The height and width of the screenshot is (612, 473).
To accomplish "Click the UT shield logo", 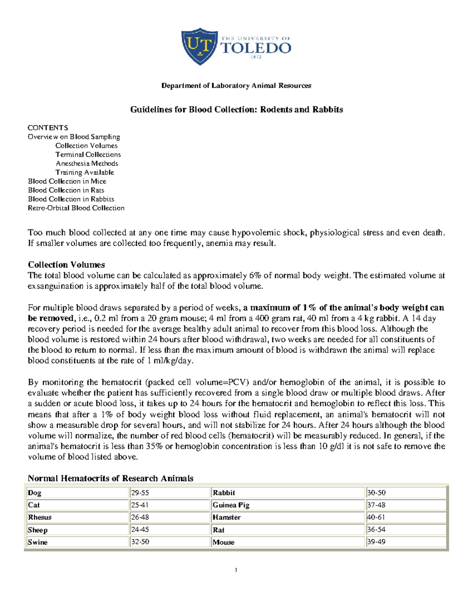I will [199, 46].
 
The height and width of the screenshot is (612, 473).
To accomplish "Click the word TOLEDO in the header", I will [256, 48].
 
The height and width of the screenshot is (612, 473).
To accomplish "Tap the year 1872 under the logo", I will [255, 57].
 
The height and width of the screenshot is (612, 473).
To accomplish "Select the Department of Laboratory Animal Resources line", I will [236, 86].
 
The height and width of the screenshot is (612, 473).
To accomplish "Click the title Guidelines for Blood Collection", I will [236, 110].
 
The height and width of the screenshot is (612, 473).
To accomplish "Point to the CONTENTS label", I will [48, 128].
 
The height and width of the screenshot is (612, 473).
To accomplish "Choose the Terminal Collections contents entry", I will [88, 154].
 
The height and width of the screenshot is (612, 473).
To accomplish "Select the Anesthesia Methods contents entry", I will [87, 164].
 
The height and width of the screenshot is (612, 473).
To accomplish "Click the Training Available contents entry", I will [85, 172].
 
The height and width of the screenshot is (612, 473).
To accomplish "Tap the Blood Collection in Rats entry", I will [66, 190].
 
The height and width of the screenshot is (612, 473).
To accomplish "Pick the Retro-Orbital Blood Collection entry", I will [76, 208].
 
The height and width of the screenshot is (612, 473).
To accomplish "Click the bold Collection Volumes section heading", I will [66, 265].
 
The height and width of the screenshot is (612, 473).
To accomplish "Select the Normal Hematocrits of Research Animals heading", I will [110, 478].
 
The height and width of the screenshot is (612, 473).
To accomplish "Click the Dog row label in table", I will [35, 493].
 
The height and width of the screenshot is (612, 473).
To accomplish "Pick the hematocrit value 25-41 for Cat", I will [140, 505].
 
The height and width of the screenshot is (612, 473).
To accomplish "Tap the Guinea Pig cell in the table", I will [231, 505].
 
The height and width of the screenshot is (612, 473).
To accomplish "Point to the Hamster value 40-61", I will [376, 517].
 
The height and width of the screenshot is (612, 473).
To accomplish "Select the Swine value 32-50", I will [140, 542].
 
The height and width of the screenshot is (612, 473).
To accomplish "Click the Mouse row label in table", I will [223, 542].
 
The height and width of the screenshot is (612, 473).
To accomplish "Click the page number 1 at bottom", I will [236, 570].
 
